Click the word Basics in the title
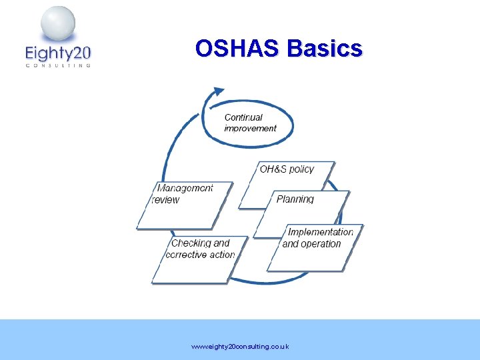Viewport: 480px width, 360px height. click(325, 49)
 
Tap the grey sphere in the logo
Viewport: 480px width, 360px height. click(58, 24)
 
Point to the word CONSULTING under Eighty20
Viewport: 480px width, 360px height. click(57, 65)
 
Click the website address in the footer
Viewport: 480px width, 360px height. click(240, 347)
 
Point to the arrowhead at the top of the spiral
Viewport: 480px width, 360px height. click(218, 91)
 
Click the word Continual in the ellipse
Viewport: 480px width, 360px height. click(243, 117)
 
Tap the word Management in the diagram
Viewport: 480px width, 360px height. click(185, 188)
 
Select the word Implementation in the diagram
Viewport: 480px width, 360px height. click(321, 232)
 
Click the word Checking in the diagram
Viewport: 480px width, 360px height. click(191, 243)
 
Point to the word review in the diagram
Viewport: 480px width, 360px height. click(166, 199)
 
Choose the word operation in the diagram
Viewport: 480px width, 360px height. click(321, 244)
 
